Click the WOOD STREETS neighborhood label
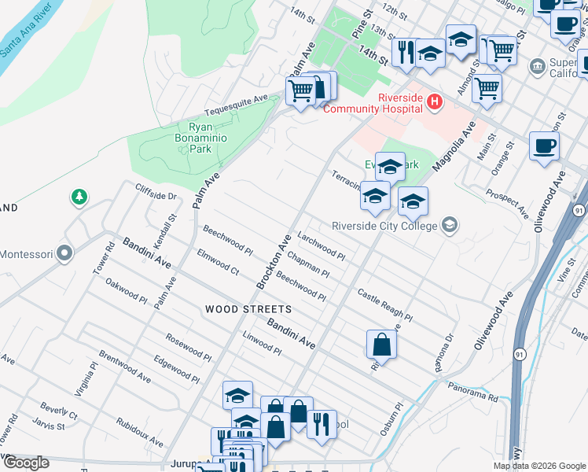[x=248, y=310]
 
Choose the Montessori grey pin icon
[x=64, y=254]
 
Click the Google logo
[x=25, y=463]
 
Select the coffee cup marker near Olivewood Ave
[x=545, y=146]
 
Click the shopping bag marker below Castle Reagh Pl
[x=381, y=344]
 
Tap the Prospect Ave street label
[x=507, y=203]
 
